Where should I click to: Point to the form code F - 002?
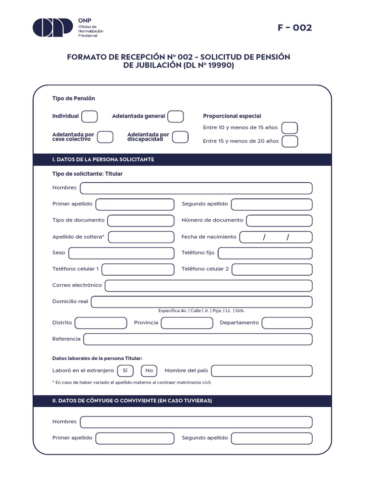(295, 28)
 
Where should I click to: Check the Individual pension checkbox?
(89, 116)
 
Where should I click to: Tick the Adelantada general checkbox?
(175, 116)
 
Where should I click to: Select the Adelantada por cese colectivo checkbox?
(105, 137)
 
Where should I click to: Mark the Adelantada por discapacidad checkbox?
(180, 137)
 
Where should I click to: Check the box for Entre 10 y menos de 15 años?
(289, 128)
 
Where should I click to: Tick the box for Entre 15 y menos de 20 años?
(289, 141)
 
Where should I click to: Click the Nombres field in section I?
(196, 188)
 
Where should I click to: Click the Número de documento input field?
(279, 220)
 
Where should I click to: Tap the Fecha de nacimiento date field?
(276, 237)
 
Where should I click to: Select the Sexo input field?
(121, 253)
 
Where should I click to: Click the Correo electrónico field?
(208, 286)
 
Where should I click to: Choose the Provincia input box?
(187, 323)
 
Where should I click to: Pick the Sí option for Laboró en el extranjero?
(125, 371)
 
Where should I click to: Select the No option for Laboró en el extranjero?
(149, 371)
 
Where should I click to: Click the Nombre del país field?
(261, 371)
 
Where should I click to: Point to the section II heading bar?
(182, 401)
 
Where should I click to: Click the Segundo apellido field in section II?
(271, 438)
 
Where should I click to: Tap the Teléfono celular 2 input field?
(272, 269)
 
